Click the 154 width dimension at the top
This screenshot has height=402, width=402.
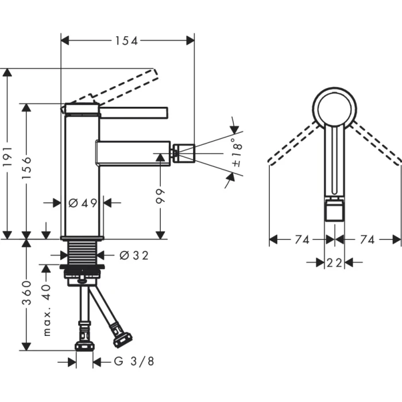click(x=127, y=40)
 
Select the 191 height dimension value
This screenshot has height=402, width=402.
click(x=7, y=153)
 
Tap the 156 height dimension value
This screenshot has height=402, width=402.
click(x=26, y=168)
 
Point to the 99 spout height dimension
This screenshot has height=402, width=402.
click(x=161, y=199)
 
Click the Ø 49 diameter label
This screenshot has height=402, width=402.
click(x=82, y=203)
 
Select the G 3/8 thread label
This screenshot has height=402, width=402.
click(x=134, y=362)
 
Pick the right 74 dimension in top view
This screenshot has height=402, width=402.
click(x=368, y=239)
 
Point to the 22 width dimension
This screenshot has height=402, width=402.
click(x=335, y=262)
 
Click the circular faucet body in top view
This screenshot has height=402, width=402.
click(x=335, y=108)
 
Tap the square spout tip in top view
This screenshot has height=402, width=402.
click(x=335, y=211)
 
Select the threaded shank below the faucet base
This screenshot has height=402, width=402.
click(x=82, y=252)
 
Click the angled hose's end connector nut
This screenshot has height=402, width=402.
click(x=122, y=338)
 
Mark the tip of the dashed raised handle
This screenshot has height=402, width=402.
click(x=153, y=72)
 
